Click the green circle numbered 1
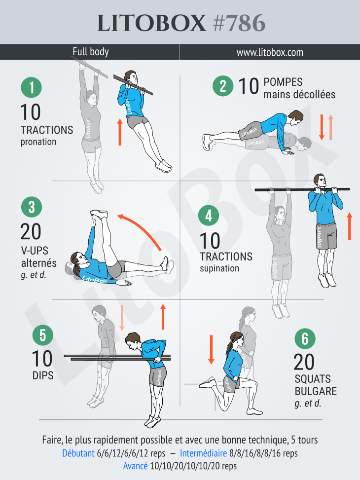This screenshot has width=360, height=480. (x=31, y=87)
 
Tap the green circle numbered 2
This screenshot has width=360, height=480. (x=223, y=86)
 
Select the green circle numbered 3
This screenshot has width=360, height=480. (x=32, y=207)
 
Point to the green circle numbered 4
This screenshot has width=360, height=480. (x=209, y=216)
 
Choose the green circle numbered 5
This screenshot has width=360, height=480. (x=43, y=335)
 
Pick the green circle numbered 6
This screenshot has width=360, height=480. (x=305, y=339)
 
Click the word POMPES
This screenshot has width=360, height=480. (x=283, y=82)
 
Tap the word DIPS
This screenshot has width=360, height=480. (x=43, y=375)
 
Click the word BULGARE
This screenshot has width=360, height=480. (x=316, y=391)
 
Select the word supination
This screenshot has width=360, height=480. (x=219, y=268)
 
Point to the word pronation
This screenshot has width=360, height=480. (x=38, y=142)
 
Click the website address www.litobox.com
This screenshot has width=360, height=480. (x=270, y=52)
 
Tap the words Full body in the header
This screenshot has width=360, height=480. (x=91, y=52)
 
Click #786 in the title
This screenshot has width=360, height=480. (x=239, y=23)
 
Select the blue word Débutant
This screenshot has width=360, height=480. (x=78, y=453)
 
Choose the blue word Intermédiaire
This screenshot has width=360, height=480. (x=203, y=453)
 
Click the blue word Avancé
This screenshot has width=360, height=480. (x=135, y=466)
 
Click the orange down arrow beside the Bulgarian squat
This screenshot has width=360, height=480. (x=211, y=350)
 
